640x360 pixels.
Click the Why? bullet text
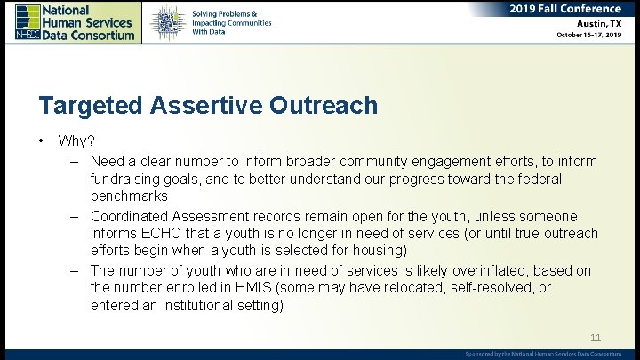[x=77, y=141]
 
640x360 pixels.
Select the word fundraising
[x=128, y=180]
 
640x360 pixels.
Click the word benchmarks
[x=129, y=196]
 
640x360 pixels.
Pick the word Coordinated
[x=133, y=216]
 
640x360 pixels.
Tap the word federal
[x=539, y=180]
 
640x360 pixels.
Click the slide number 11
[x=596, y=338]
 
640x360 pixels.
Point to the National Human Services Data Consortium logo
[x=75, y=21]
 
